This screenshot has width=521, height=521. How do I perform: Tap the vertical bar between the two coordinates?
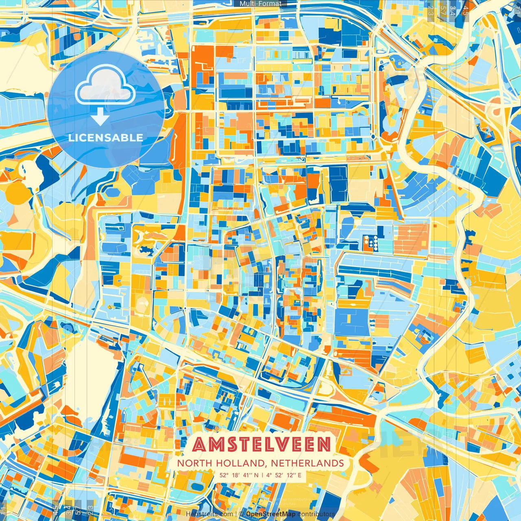coord(263,475)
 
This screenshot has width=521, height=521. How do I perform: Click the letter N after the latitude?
coord(256,475)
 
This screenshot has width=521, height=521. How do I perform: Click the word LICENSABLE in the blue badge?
coord(106,138)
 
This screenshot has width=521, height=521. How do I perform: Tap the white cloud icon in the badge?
coord(105,88)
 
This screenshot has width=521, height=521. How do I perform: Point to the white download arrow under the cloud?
coord(100,117)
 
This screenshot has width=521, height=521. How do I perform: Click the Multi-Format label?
coord(260,4)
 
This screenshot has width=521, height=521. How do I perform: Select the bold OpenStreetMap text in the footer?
coord(271,514)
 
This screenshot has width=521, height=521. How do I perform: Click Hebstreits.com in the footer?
coord(210,514)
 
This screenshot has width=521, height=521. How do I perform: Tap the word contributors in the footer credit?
coord(316,514)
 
